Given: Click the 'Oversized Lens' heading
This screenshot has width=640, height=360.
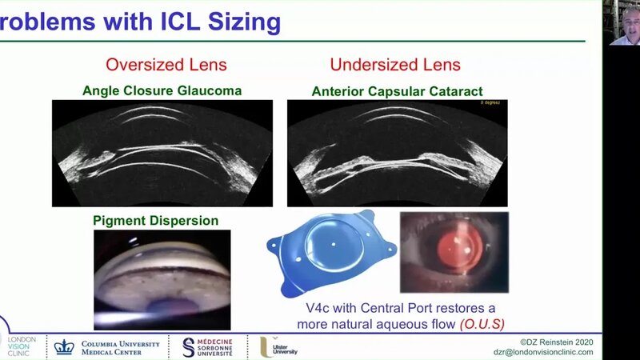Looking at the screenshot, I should pos(166,64).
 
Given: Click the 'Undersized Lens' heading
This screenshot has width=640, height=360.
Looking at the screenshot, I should pos(394,64).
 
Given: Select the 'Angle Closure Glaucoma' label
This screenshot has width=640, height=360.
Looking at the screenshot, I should pos(162,91).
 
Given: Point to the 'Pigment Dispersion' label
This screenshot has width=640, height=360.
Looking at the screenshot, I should pos(155,221).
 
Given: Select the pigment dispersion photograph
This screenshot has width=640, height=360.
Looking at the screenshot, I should pos(162,279).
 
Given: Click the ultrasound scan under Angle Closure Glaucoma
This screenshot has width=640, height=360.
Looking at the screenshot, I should pos(162,153).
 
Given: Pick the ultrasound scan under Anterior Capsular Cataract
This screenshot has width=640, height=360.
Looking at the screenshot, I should pos(398,153).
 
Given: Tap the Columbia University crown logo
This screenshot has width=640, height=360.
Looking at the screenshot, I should pos(63,346).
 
